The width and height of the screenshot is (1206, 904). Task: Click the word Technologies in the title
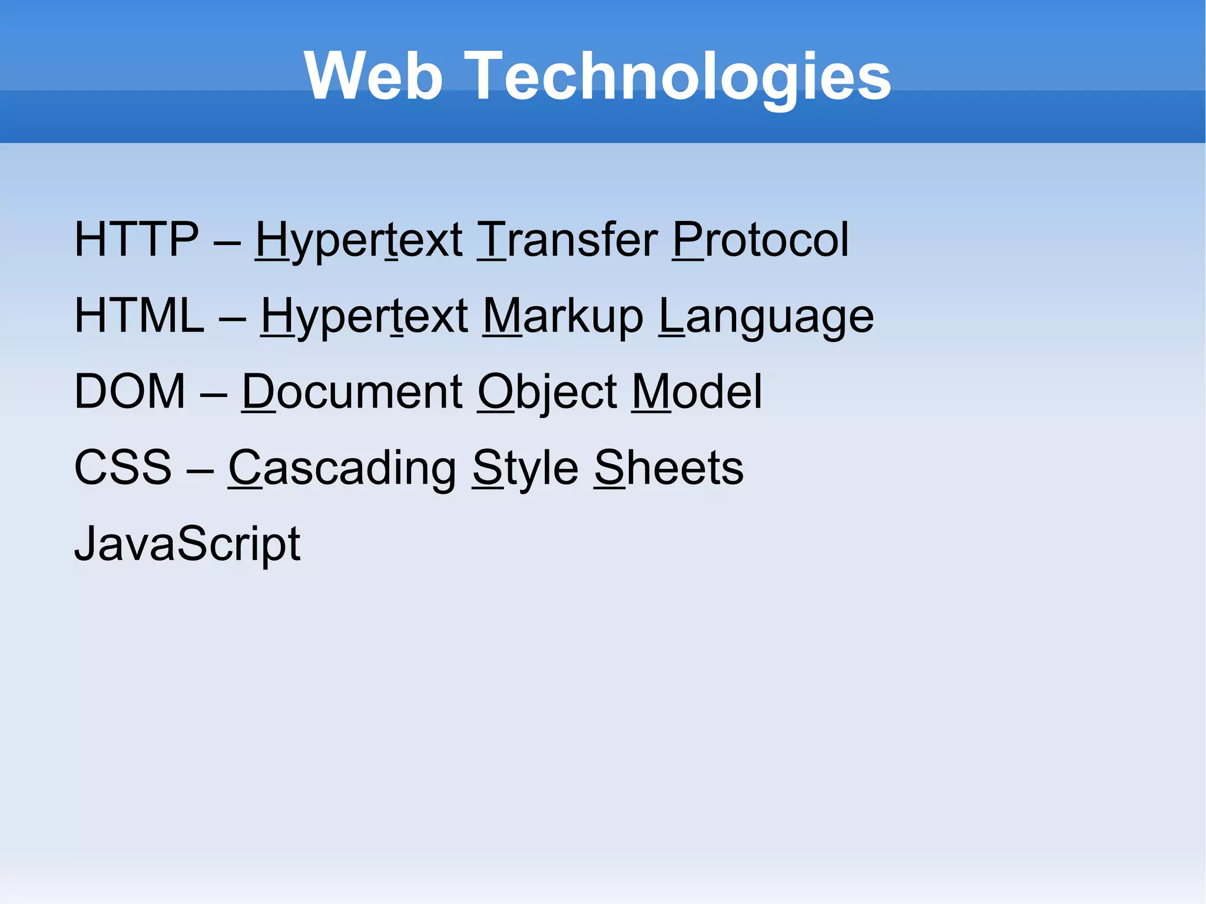click(x=681, y=77)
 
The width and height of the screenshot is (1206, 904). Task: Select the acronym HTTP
click(x=137, y=240)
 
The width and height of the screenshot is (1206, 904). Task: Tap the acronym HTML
click(x=139, y=316)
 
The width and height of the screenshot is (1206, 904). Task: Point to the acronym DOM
click(x=130, y=392)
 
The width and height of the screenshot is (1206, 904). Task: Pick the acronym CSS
click(x=123, y=468)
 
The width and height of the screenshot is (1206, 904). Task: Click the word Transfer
click(x=567, y=240)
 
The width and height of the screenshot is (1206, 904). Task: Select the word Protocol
click(x=760, y=240)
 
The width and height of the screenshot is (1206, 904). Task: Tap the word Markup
click(x=563, y=316)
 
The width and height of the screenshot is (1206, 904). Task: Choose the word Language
click(x=766, y=316)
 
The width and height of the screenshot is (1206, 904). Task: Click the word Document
click(x=352, y=392)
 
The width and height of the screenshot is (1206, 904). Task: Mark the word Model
click(x=697, y=392)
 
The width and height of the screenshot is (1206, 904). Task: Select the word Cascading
click(x=342, y=468)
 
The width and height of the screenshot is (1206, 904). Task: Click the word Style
click(x=525, y=468)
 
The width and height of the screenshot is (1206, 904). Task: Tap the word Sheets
click(x=668, y=468)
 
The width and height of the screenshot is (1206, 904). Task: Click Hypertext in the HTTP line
click(x=359, y=240)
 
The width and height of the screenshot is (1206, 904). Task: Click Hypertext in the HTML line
click(x=365, y=316)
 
